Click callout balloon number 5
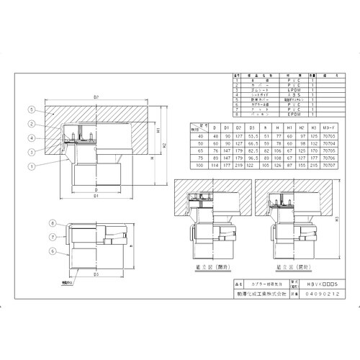tap(31, 110)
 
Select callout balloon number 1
tap(31, 167)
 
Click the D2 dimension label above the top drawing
tap(96, 96)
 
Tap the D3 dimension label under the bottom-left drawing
tap(96, 274)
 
